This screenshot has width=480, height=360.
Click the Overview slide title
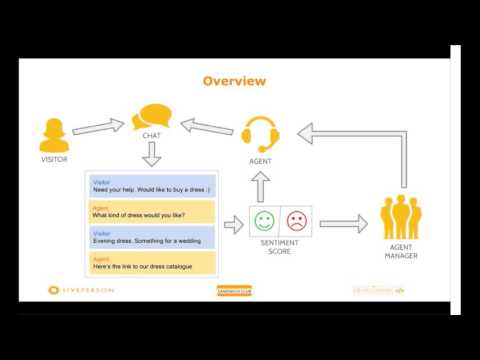(234, 80)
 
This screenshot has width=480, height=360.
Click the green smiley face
(265, 220)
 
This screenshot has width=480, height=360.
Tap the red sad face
(296, 220)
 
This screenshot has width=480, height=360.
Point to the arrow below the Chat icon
(152, 155)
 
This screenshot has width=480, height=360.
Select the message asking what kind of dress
(152, 213)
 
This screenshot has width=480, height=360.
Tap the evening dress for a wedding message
(152, 238)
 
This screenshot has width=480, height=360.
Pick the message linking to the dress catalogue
(152, 263)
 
